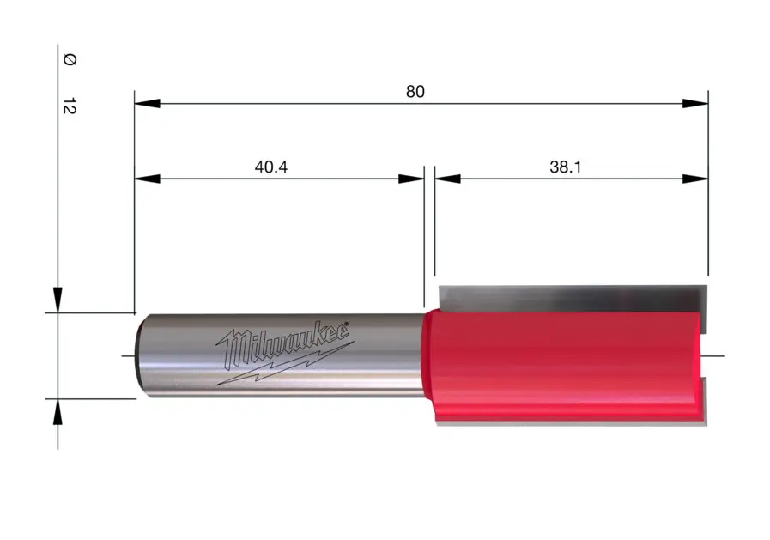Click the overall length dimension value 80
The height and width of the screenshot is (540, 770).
(x=415, y=92)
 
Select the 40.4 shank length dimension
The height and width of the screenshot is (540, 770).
(x=271, y=167)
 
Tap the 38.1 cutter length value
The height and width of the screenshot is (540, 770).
(x=565, y=167)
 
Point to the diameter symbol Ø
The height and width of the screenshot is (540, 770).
(x=70, y=60)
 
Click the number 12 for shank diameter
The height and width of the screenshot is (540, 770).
(x=70, y=106)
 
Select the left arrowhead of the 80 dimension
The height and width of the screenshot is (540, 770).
(x=147, y=104)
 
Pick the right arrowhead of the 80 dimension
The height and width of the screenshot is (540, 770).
(x=695, y=104)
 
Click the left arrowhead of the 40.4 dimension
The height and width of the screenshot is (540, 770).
(x=147, y=179)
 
